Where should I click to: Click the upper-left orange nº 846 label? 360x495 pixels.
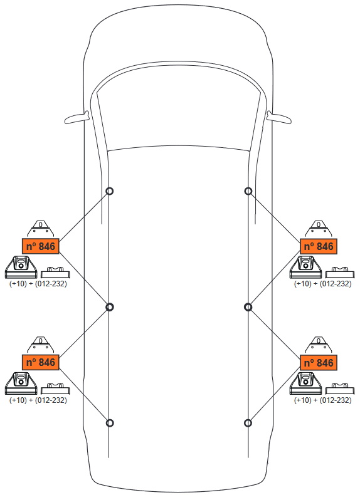(41, 246)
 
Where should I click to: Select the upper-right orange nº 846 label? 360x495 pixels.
(318, 246)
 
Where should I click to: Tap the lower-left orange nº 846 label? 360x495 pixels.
(41, 362)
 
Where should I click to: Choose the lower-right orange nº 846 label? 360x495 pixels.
(318, 362)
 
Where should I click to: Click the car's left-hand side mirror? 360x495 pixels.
(77, 117)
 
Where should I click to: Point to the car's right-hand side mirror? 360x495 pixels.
(278, 117)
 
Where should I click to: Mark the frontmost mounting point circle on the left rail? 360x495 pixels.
(109, 191)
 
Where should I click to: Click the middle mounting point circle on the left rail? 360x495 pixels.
(109, 307)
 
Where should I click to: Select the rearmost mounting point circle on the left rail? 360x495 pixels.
(109, 423)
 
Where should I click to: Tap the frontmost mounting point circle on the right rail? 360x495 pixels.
(248, 191)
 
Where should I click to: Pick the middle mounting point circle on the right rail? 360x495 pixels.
(248, 307)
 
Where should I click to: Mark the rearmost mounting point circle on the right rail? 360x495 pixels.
(248, 423)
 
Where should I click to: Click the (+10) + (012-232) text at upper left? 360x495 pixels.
(38, 283)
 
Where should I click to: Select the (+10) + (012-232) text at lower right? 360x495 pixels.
(323, 400)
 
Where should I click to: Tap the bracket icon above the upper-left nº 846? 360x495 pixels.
(41, 229)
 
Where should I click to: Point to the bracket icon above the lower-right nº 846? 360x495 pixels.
(318, 345)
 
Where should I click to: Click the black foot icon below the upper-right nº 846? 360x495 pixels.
(305, 268)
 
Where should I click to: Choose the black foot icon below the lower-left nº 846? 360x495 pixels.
(21, 383)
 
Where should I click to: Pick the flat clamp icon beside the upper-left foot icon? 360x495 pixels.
(55, 273)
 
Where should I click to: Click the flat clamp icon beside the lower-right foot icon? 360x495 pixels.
(340, 388)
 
